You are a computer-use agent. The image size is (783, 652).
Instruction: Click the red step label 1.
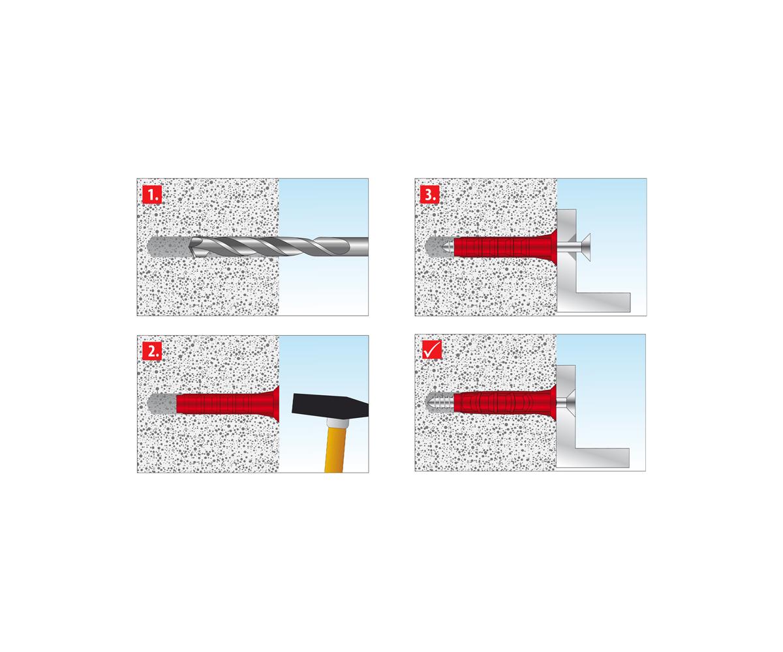pyautogui.click(x=152, y=194)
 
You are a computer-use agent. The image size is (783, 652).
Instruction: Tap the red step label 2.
pyautogui.click(x=152, y=351)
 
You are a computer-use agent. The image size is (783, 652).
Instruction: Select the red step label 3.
pyautogui.click(x=429, y=194)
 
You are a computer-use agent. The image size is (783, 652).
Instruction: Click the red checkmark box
pyautogui.click(x=432, y=349)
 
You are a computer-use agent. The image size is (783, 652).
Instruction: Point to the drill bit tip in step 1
pyautogui.click(x=190, y=246)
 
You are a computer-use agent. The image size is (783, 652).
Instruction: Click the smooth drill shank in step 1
pyautogui.click(x=358, y=246)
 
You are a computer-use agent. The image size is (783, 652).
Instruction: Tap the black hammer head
pyautogui.click(x=330, y=406)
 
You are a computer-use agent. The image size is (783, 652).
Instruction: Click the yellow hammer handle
pyautogui.click(x=335, y=450)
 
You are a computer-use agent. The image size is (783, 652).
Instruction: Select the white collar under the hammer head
pyautogui.click(x=337, y=423)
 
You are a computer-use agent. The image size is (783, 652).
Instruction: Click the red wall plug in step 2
pyautogui.click(x=228, y=403)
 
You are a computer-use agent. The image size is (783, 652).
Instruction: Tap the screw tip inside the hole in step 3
pyautogui.click(x=448, y=247)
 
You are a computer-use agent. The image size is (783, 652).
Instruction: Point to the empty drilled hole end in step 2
pyautogui.click(x=162, y=404)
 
